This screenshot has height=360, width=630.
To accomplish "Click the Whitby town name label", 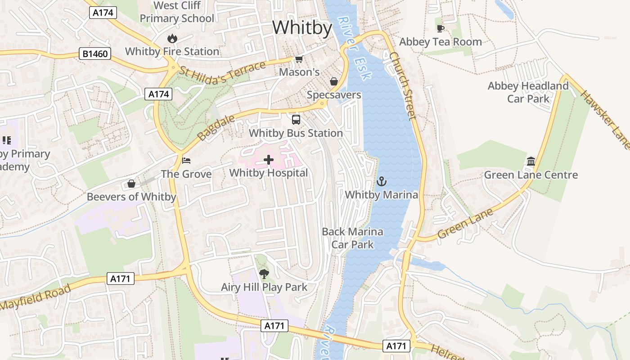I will pos(302,28).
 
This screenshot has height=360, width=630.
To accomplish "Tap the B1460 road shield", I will pos(95,54).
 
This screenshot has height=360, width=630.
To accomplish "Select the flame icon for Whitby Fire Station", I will pos(172,39).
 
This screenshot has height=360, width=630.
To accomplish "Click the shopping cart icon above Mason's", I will pos(299,59).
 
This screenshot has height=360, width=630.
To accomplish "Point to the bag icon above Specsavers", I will pos(334,81).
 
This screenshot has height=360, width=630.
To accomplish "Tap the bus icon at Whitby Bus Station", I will pos(296,120).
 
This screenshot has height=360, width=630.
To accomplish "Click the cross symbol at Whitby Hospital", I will pos(269,160).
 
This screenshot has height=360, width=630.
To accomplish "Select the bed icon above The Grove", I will pos(186,161).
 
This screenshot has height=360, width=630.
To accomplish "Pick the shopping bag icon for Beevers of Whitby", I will pos(131,184).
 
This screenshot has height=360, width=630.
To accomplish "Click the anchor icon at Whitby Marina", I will pos(382,182).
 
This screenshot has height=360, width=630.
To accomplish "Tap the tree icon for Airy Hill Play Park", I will pos(264,274).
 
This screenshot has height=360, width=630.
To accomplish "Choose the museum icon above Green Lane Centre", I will pos(531,162).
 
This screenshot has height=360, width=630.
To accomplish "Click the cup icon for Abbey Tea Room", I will pos(441,29).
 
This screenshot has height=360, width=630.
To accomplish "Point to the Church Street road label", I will pos(402,86).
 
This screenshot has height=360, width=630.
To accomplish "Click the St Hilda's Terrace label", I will pos(222,73).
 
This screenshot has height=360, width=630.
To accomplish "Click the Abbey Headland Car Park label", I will pos(528,92).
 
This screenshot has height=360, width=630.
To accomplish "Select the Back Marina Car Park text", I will pos(352,238).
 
